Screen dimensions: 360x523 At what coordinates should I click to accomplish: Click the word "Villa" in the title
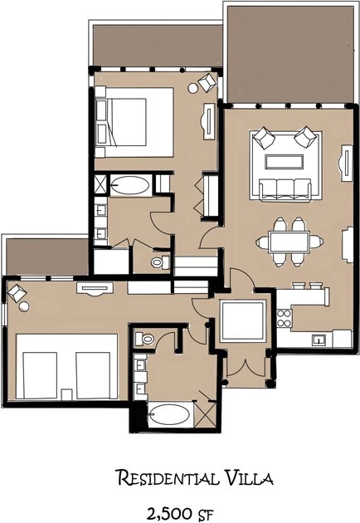point(248,477)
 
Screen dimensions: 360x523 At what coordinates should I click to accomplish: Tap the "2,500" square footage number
point(169,513)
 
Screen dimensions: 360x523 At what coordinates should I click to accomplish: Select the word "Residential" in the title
point(168,477)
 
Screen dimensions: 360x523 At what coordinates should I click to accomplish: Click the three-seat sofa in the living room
point(285,189)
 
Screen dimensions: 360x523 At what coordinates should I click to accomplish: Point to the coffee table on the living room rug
point(285,163)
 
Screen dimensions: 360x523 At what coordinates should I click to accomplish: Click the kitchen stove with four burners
point(285,318)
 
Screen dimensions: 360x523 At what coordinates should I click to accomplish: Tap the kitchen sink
point(319,340)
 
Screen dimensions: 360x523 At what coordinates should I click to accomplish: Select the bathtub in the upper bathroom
point(130,184)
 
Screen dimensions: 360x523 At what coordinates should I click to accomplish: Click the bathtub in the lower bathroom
point(170,414)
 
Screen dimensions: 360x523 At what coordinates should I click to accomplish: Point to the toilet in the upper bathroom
point(161,261)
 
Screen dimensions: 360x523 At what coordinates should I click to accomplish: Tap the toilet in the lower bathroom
point(144,340)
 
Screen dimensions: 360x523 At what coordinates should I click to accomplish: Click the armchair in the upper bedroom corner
point(207,81)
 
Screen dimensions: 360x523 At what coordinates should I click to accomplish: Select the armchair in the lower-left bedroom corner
point(17,293)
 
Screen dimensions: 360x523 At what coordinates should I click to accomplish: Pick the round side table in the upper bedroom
point(192,88)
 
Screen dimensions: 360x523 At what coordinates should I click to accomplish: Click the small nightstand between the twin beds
point(66,394)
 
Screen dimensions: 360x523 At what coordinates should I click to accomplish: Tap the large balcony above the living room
point(289,54)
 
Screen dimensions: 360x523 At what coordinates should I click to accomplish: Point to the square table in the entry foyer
point(244,320)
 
